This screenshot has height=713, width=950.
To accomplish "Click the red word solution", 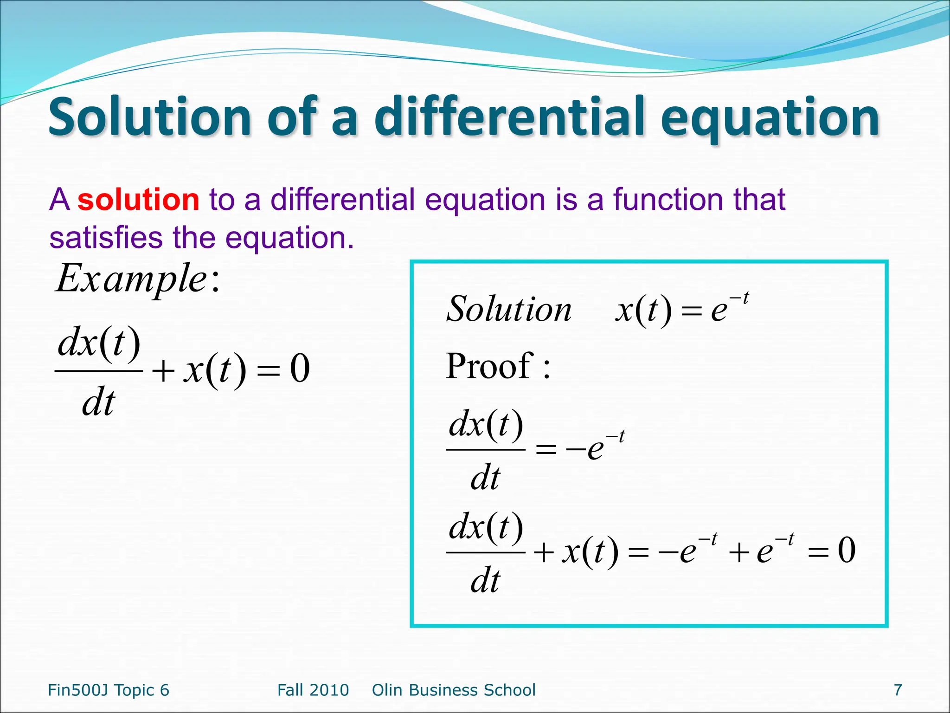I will (138, 200).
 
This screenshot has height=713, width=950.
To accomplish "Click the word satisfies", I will (106, 238).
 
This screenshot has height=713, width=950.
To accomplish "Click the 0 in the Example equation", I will (300, 369).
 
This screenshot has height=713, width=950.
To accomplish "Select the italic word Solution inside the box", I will (509, 309).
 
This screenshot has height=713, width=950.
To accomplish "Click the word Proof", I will (490, 366).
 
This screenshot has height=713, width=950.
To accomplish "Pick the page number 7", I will (898, 690).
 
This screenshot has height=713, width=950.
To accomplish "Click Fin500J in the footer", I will (78, 690).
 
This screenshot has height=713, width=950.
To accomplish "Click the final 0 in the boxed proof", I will (847, 551).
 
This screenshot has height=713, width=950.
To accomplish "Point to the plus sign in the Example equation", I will (163, 371).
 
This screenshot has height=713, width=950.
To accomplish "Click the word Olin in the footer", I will (386, 690).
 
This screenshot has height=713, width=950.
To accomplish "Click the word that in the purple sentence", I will (759, 200).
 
